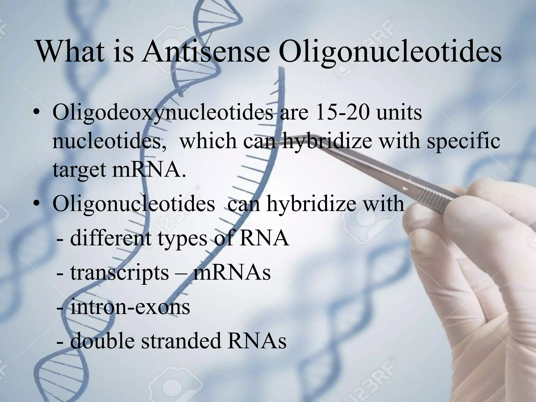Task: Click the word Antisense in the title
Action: pyautogui.click(x=205, y=52)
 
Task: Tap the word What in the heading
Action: pyautogui.click(x=70, y=52)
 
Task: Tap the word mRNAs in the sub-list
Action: pyautogui.click(x=232, y=273)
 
